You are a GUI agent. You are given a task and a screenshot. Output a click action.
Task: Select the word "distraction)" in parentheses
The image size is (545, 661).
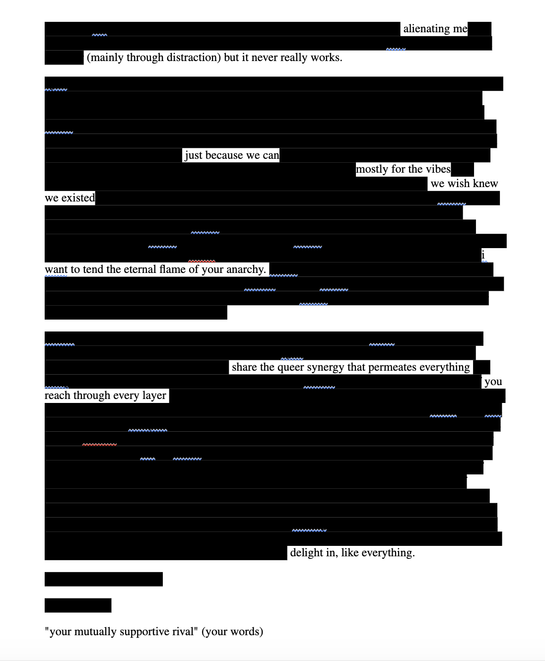194,58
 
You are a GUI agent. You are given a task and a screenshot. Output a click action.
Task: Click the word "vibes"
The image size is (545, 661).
438,169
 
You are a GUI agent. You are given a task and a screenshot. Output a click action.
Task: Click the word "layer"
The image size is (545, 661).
154,396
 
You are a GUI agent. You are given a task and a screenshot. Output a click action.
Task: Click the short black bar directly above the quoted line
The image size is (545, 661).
78,605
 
